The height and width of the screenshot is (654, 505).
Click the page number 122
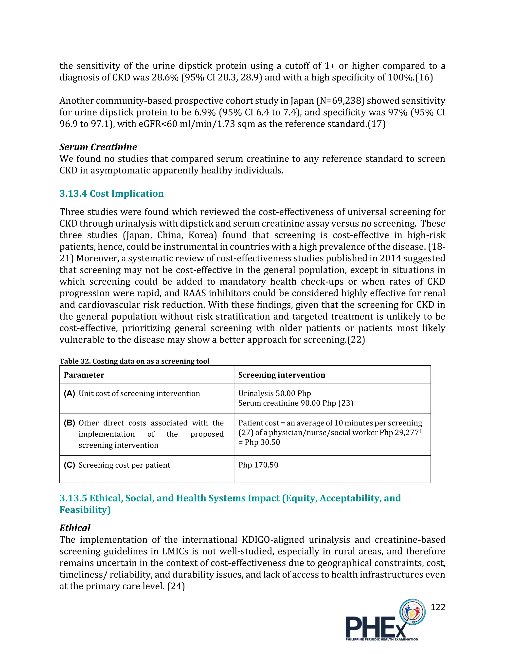(438, 607)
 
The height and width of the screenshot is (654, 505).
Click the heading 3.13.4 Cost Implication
(112, 193)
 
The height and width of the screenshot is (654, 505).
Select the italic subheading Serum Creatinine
(98, 147)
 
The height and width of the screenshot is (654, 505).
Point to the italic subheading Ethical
(75, 528)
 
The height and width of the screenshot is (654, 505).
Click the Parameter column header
(84, 375)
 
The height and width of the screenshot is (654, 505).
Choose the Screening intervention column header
(282, 375)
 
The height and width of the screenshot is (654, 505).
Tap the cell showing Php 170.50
(258, 465)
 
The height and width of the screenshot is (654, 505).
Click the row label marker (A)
(69, 393)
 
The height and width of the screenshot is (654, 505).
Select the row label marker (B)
(69, 423)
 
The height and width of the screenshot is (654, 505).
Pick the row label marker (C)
(69, 465)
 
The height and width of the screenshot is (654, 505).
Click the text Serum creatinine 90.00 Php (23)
(296, 403)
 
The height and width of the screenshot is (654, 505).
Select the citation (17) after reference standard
(376, 124)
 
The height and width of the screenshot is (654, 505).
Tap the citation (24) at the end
(176, 586)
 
